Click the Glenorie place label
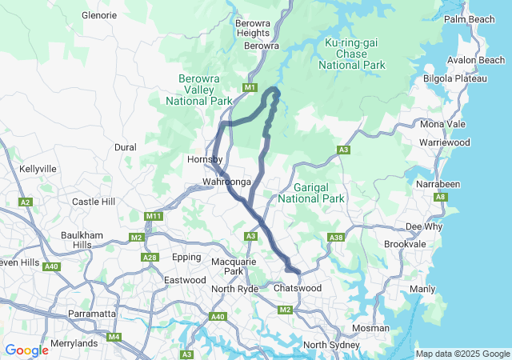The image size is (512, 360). coord(99,15)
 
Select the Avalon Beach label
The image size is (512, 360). coord(476,60)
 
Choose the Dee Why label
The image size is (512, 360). coord(423,226)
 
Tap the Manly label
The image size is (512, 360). coord(422,288)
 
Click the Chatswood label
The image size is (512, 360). coord(297,287)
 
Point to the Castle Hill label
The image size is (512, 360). coord(94,202)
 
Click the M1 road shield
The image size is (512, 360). coord(250,87)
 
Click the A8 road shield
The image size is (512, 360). coord(440,197)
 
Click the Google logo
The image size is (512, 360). coord(26,350)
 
